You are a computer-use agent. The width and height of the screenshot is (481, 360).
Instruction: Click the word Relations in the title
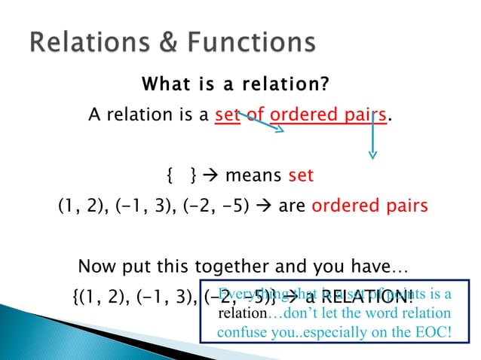pos(89,42)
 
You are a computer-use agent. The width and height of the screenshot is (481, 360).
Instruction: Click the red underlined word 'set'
pos(227,115)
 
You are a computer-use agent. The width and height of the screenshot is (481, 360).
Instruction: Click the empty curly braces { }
pos(181,176)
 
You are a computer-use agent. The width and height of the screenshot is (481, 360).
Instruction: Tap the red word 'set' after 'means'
pos(301,176)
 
